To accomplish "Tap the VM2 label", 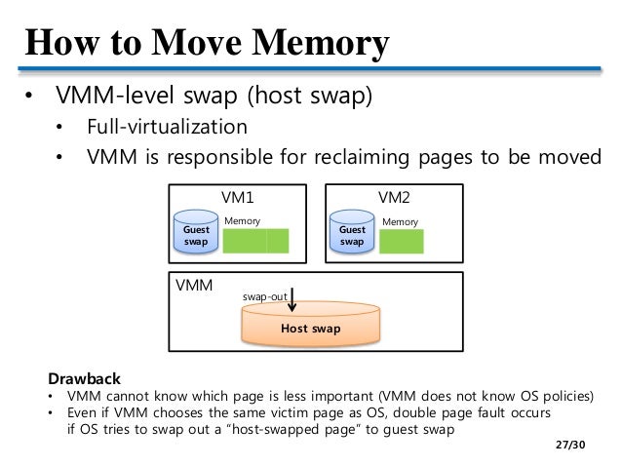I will [394, 197].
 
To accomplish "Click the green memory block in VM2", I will [408, 242].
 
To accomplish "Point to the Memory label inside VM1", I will [243, 221].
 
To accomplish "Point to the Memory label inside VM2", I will [400, 221].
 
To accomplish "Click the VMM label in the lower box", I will [193, 288].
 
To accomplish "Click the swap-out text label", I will [263, 293].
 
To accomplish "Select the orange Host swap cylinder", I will [310, 329].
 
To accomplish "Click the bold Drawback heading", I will [86, 378].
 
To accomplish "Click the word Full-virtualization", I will [167, 128].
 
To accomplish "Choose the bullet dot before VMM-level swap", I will [29, 97].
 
